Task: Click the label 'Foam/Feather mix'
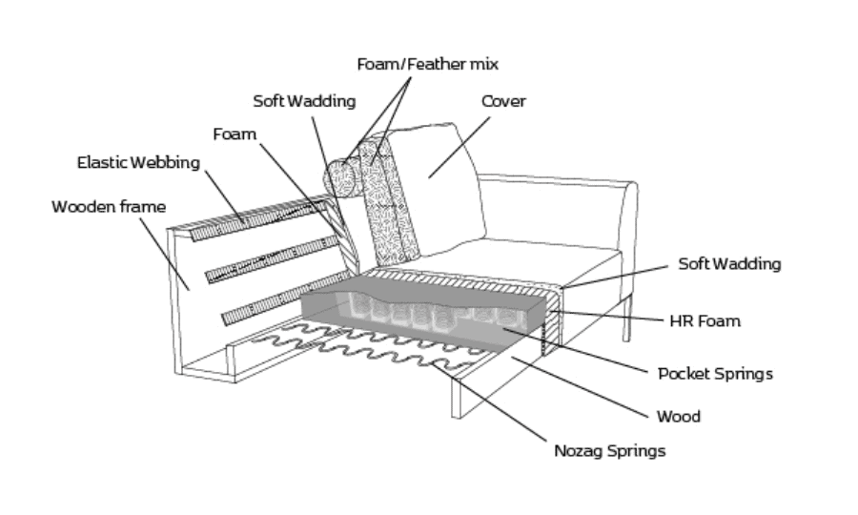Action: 427,65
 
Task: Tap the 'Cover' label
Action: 503,101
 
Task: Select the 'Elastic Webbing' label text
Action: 138,163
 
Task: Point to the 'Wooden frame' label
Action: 109,207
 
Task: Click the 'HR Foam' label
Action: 705,321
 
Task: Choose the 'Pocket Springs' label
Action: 715,375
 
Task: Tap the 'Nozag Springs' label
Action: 609,451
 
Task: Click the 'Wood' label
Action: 679,417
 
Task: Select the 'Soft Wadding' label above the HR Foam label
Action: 729,264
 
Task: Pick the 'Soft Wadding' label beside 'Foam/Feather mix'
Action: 304,101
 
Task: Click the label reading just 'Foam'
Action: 235,134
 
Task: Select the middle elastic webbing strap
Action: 272,259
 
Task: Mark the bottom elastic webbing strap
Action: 286,298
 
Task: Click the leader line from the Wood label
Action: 579,387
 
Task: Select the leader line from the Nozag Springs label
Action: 488,402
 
